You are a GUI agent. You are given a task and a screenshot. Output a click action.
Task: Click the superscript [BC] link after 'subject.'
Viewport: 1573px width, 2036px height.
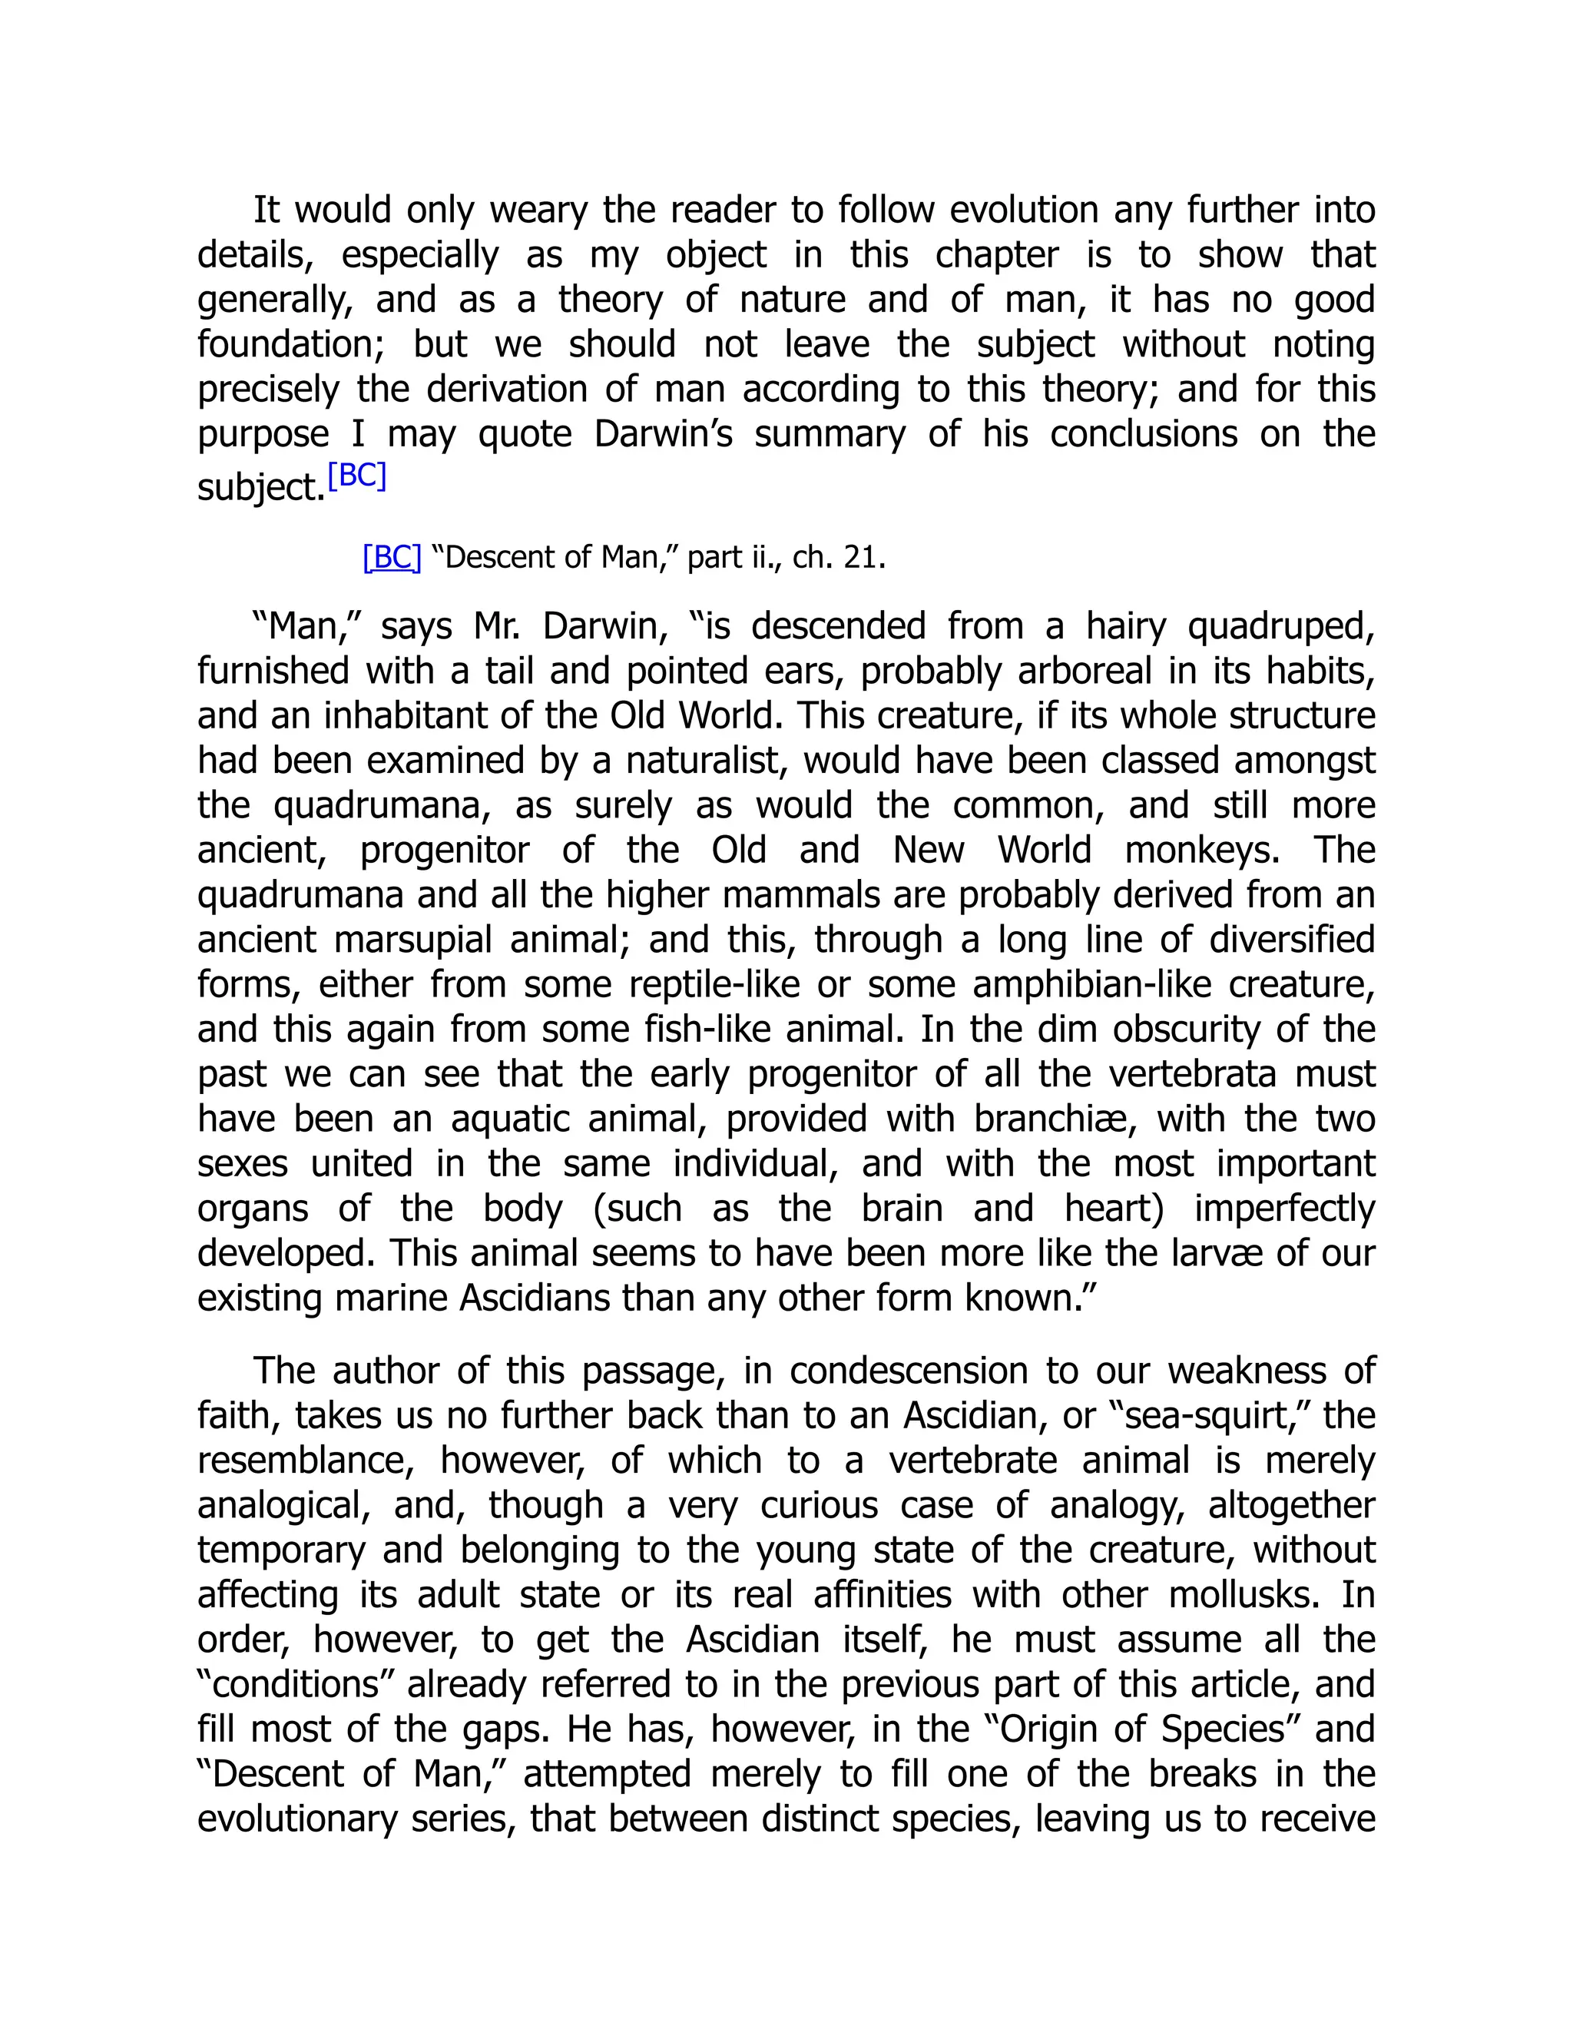coord(357,476)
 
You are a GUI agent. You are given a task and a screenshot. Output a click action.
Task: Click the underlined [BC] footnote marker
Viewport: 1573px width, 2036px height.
coord(392,558)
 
